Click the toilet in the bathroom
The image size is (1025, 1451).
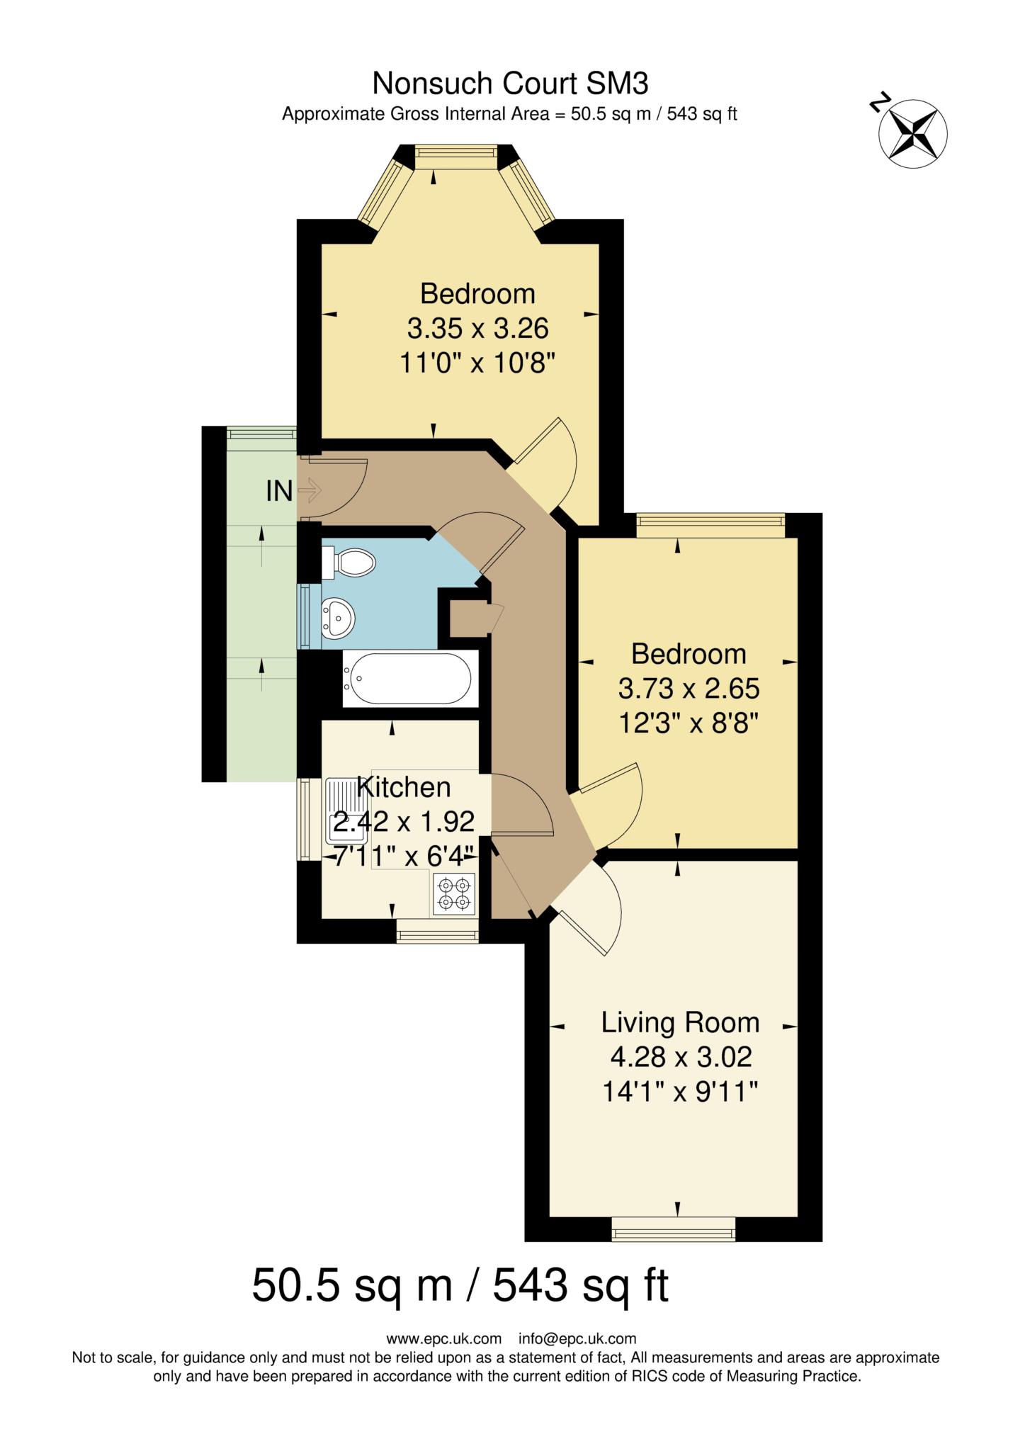tap(350, 563)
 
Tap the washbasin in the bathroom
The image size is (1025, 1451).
tap(338, 616)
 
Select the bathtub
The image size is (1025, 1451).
tap(407, 678)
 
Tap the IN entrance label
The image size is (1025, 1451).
tap(279, 490)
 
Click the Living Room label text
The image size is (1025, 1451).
tap(680, 1022)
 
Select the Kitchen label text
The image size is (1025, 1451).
tap(404, 787)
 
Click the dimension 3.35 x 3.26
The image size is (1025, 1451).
tap(477, 329)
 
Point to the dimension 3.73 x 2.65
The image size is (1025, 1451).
tap(689, 688)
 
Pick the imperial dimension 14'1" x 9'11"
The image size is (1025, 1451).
tap(680, 1092)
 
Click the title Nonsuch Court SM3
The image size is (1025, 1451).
tap(510, 84)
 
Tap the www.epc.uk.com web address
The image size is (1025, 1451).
tap(443, 1339)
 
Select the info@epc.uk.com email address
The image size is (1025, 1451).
tap(577, 1339)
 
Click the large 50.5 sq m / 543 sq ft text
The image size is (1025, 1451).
tap(460, 1286)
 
